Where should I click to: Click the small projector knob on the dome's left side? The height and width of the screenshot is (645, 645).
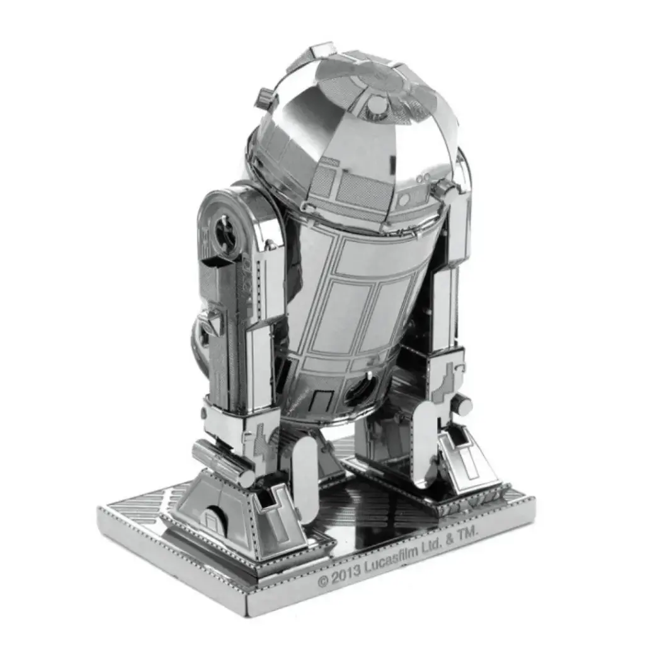coord(265,98)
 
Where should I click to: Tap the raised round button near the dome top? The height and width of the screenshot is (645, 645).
coord(376,104)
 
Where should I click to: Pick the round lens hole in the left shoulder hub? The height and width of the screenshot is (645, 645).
coord(225,232)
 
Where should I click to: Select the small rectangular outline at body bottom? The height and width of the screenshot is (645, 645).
coord(322,398)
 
